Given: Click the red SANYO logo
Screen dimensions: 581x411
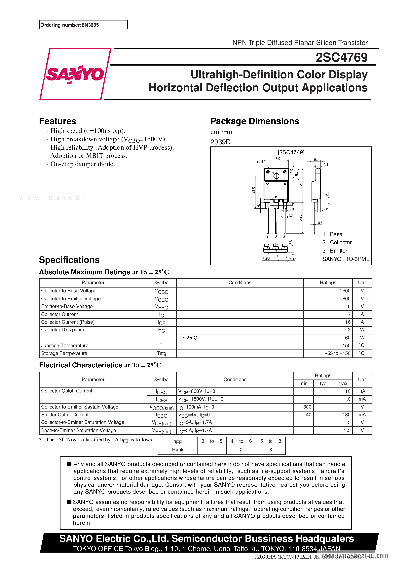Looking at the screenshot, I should (x=75, y=74).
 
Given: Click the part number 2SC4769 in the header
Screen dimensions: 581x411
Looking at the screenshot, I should (x=341, y=57).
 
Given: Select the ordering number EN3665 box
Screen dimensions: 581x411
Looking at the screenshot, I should (x=83, y=25).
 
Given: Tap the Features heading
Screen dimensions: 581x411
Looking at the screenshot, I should (x=57, y=121).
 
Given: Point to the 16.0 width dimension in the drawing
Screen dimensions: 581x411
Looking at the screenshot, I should (x=277, y=159).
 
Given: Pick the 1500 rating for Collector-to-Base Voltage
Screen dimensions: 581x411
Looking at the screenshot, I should (x=345, y=291).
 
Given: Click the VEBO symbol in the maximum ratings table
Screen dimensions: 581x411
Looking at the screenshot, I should (x=161, y=307).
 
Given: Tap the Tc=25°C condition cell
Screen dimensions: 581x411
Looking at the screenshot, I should (x=188, y=338).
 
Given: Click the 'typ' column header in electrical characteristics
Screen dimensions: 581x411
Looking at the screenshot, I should (x=323, y=384).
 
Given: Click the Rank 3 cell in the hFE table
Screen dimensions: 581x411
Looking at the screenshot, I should (x=270, y=450).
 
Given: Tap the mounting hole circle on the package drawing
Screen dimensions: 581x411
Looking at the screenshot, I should (x=276, y=176).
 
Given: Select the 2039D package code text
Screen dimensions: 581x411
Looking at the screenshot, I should (x=220, y=142).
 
